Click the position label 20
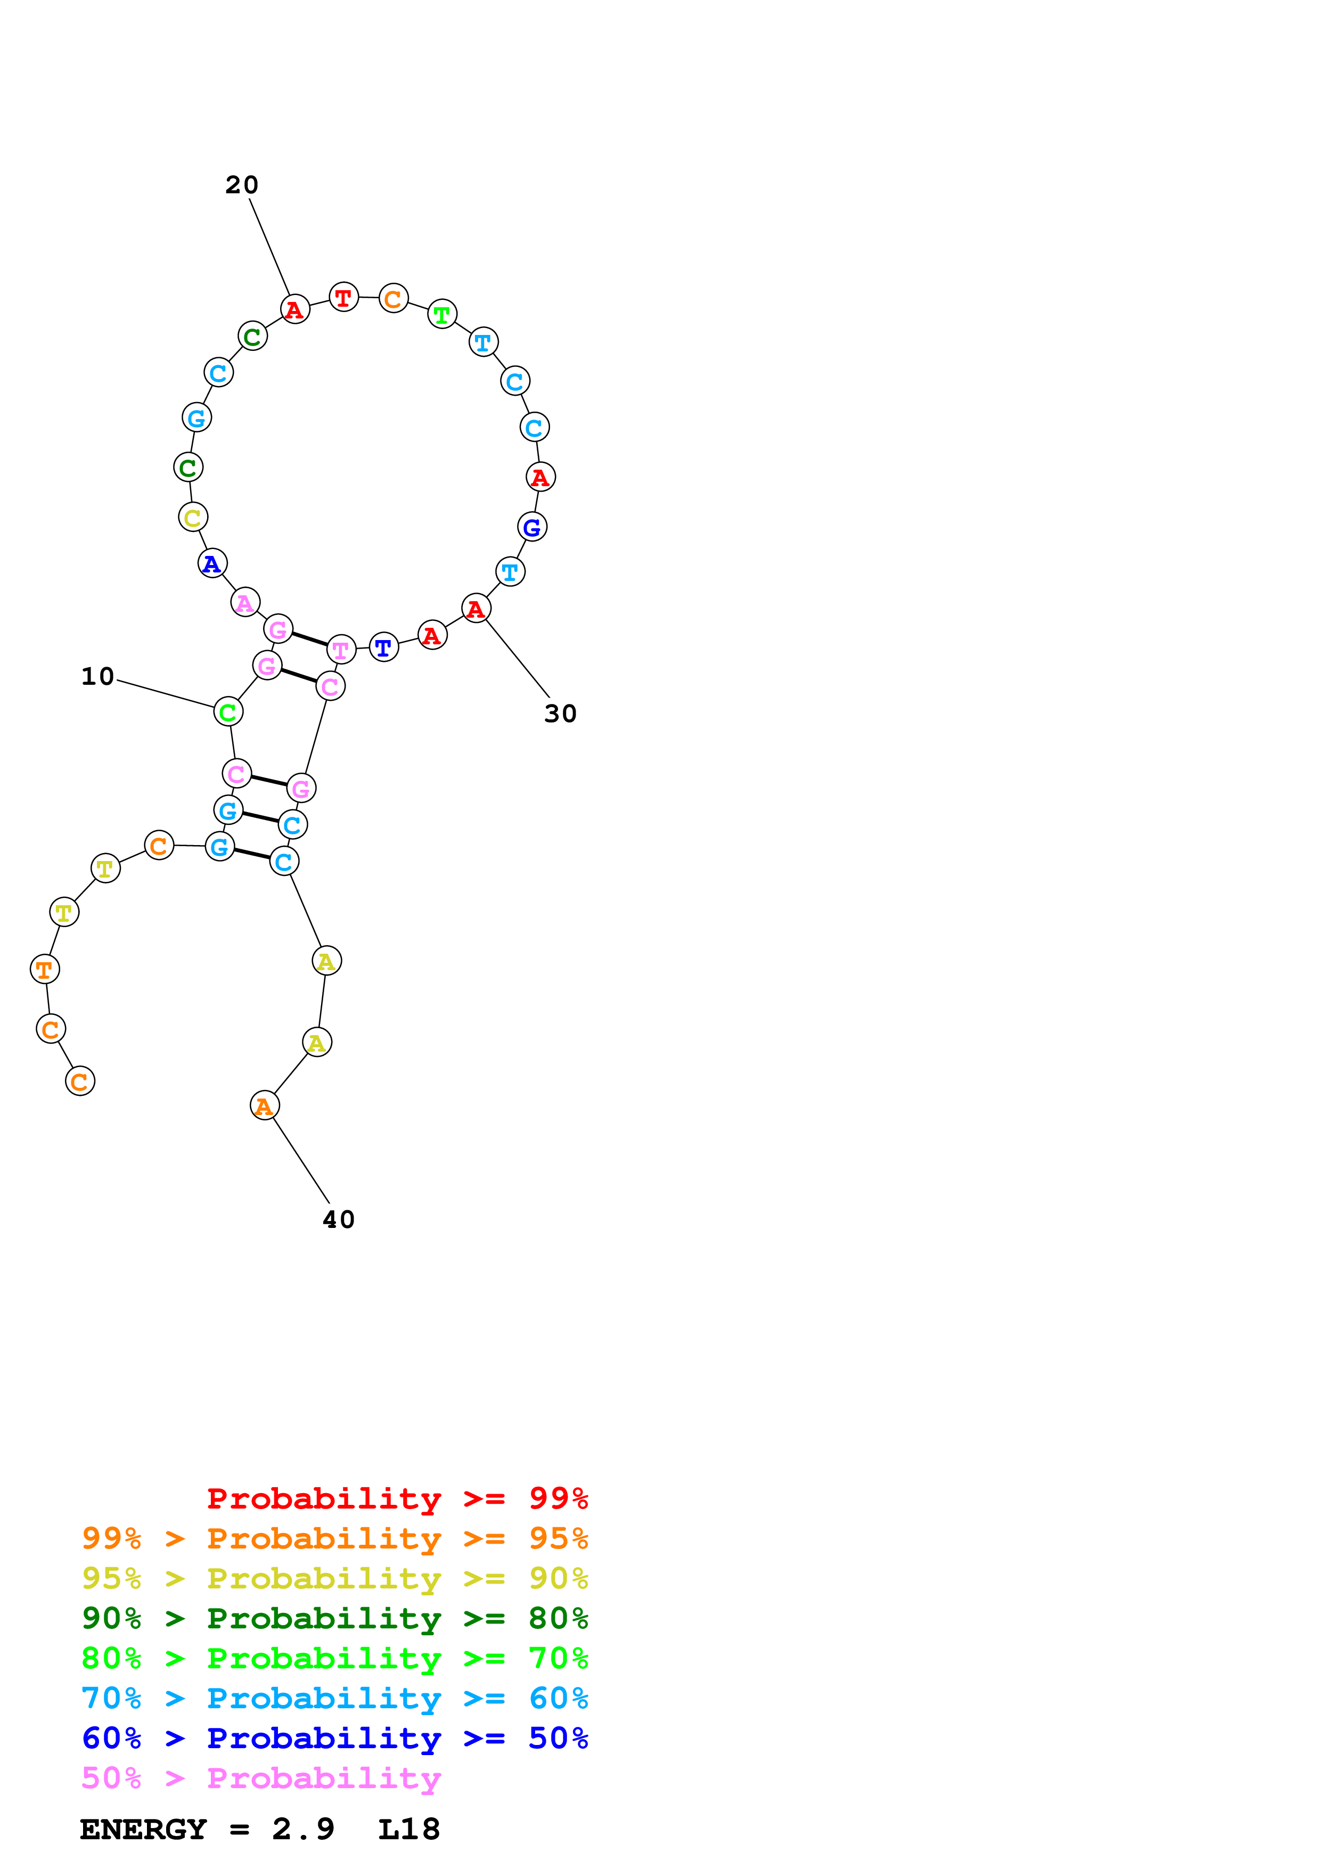click(242, 185)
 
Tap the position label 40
click(338, 1219)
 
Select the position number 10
click(97, 676)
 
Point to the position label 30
click(560, 714)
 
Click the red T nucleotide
click(343, 298)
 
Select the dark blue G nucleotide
click(532, 527)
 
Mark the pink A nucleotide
click(245, 603)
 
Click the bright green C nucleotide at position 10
click(228, 712)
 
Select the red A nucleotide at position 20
click(294, 309)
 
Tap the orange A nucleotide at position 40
click(264, 1105)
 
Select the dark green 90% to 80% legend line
click(334, 1618)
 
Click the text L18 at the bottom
click(408, 1829)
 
